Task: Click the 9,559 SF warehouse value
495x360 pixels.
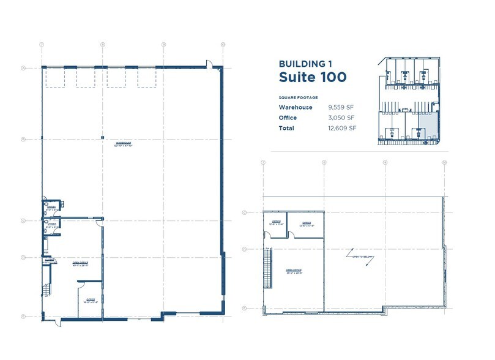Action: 341,107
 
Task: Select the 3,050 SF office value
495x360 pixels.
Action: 341,118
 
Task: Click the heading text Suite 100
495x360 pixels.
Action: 312,77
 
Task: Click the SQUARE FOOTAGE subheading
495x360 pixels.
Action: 299,97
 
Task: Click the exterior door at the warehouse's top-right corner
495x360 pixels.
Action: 209,64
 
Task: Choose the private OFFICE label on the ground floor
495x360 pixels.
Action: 89,301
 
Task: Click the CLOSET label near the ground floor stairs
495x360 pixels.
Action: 48,261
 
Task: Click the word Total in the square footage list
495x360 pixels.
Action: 286,128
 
